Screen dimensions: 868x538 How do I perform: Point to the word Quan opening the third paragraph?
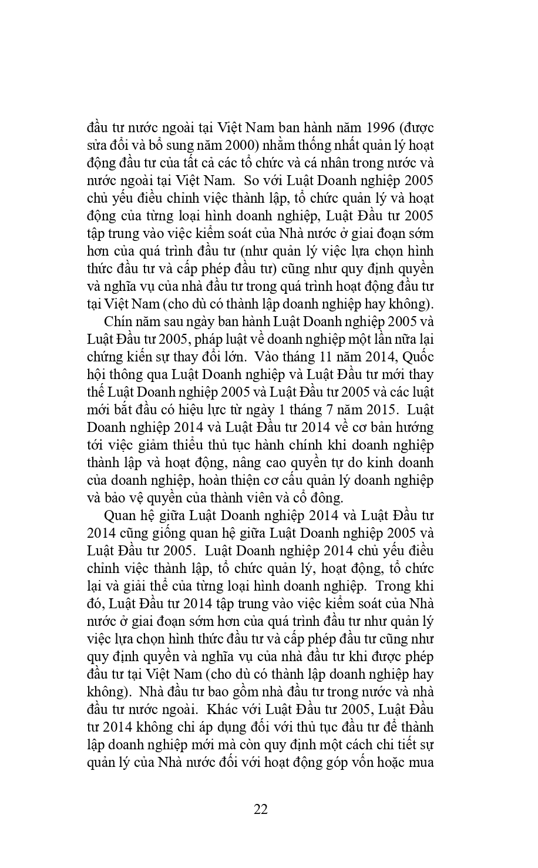coord(120,516)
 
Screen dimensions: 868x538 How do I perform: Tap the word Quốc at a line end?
coord(418,357)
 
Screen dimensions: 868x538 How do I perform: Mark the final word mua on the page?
coord(419,763)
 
